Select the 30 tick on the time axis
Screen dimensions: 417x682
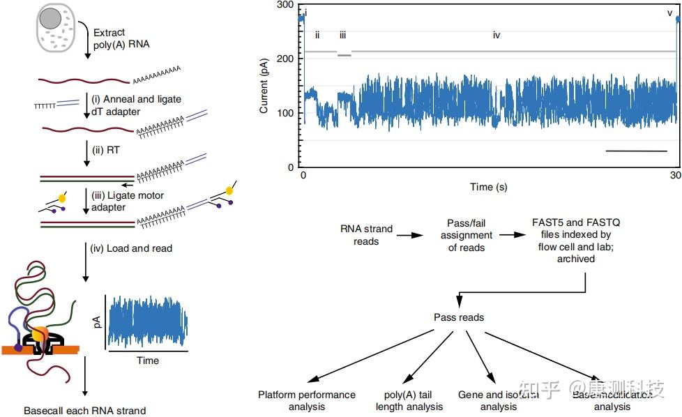[675, 174]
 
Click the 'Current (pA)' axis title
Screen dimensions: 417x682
[264, 86]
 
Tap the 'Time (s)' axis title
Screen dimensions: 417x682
[488, 187]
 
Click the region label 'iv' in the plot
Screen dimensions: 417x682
[497, 35]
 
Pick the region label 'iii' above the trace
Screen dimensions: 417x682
[342, 35]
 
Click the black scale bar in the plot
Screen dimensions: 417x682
[636, 150]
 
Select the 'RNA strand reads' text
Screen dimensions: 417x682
[366, 235]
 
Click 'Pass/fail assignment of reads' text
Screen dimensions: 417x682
[467, 235]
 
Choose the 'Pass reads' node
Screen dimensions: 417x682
[459, 317]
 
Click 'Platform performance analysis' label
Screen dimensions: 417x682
[306, 400]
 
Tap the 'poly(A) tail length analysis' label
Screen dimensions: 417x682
[409, 400]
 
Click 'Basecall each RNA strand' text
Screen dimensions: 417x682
[84, 411]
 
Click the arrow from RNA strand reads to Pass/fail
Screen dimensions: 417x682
[410, 236]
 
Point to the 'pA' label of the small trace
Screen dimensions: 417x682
[98, 321]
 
